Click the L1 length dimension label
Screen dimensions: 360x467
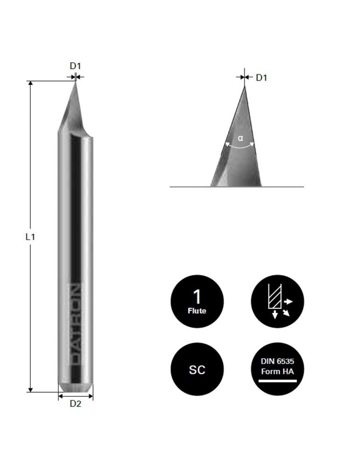(30, 237)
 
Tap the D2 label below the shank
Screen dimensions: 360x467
(75, 404)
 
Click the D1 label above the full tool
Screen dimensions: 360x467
(75, 66)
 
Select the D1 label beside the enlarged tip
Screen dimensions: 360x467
(261, 78)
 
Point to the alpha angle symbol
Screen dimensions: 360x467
(240, 138)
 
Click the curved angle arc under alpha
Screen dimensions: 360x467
(240, 146)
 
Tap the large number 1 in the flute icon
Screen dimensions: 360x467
(197, 297)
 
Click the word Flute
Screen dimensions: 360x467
(197, 311)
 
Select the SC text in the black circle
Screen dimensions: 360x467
(197, 369)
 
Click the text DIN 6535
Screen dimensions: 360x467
(277, 361)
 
